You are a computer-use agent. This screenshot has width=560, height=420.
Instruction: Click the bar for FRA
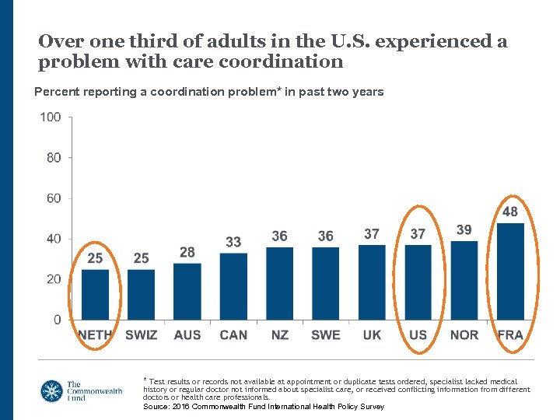tap(511, 271)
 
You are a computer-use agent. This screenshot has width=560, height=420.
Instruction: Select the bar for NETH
tap(95, 294)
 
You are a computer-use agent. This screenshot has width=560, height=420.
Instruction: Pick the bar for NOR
tap(464, 280)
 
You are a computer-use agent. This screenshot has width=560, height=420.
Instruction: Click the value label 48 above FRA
tap(510, 212)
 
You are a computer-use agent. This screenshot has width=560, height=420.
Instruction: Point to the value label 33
tap(233, 242)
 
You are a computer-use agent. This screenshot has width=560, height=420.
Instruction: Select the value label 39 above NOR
tap(464, 229)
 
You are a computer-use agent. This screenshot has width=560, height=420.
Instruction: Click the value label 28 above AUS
tap(187, 252)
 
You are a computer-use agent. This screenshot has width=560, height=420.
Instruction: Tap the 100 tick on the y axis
tap(51, 117)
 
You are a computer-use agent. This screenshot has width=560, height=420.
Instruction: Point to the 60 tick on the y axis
tap(53, 198)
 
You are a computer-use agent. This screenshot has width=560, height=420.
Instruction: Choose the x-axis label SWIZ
tap(141, 335)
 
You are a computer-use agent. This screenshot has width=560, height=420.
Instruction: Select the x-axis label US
tap(418, 335)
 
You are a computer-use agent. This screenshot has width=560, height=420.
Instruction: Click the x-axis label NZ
tap(279, 335)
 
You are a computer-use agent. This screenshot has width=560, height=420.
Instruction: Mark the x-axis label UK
tap(372, 335)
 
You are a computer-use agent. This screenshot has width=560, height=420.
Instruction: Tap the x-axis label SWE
tap(325, 335)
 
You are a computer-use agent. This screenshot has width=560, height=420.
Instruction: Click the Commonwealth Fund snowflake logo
tap(53, 391)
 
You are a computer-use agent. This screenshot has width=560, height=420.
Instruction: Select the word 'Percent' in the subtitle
tap(56, 92)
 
